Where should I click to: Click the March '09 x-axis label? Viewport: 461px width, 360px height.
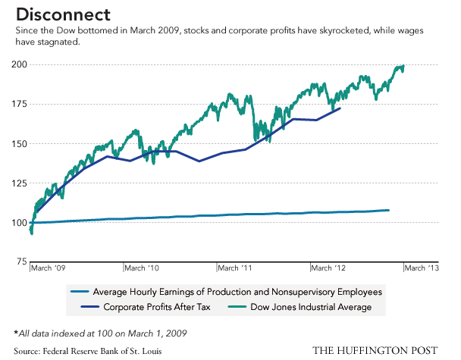49,268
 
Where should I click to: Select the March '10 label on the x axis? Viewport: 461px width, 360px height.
142,268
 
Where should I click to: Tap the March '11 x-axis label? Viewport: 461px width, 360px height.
236,268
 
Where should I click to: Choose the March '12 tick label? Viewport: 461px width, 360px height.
330,268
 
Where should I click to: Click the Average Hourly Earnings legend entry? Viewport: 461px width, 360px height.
236,292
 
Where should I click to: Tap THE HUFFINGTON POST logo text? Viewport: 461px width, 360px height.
375,349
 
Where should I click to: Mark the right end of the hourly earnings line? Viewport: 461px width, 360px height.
388,210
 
